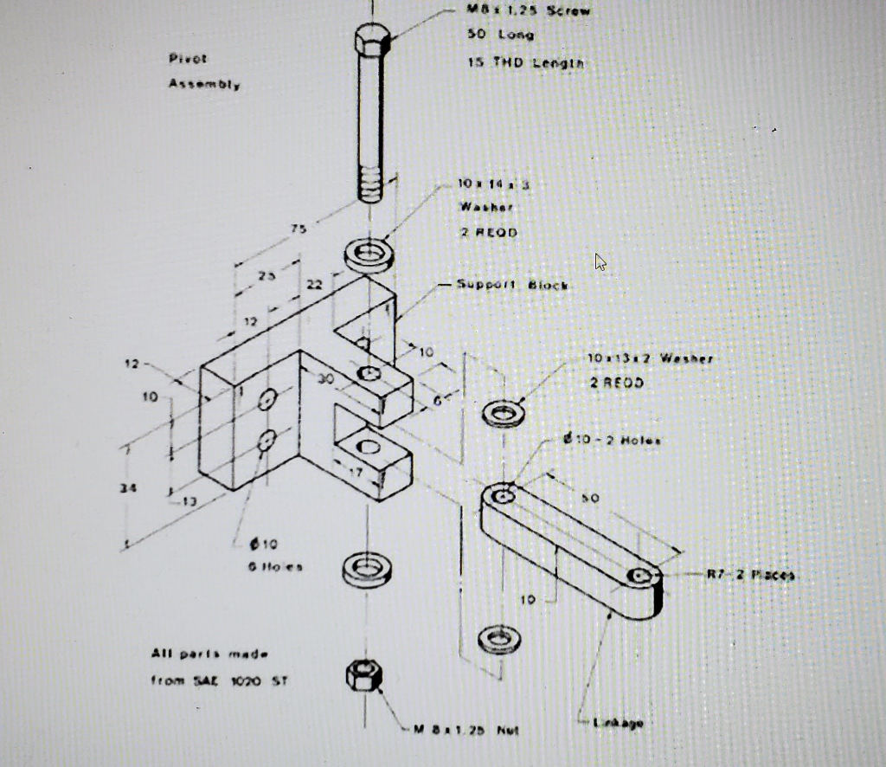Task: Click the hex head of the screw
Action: click(372, 40)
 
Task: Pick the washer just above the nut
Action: click(368, 570)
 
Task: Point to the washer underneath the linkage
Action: click(499, 639)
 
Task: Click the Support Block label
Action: click(512, 285)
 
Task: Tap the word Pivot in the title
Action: click(188, 59)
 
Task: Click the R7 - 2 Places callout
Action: click(750, 574)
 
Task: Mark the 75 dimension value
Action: click(299, 229)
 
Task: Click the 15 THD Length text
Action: click(525, 62)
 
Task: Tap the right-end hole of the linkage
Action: click(640, 576)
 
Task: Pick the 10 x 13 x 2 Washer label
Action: click(650, 358)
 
